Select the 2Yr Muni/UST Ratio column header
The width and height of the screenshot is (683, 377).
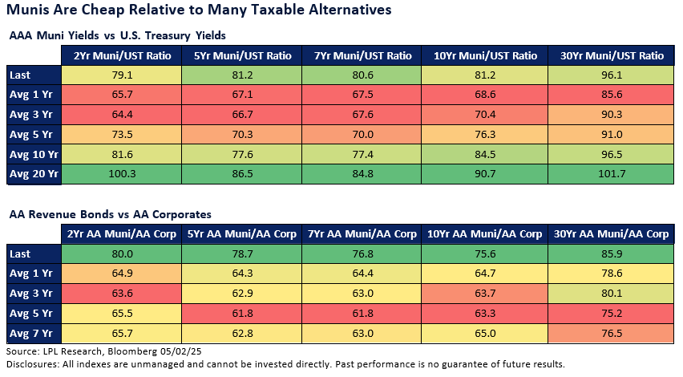click(x=122, y=55)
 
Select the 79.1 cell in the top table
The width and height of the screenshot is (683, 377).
click(x=122, y=75)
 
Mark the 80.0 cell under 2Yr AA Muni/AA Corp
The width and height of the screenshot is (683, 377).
click(x=122, y=253)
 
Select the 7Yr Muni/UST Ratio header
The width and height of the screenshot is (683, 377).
click(x=366, y=55)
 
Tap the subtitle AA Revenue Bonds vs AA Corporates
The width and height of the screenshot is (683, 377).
click(x=110, y=213)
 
